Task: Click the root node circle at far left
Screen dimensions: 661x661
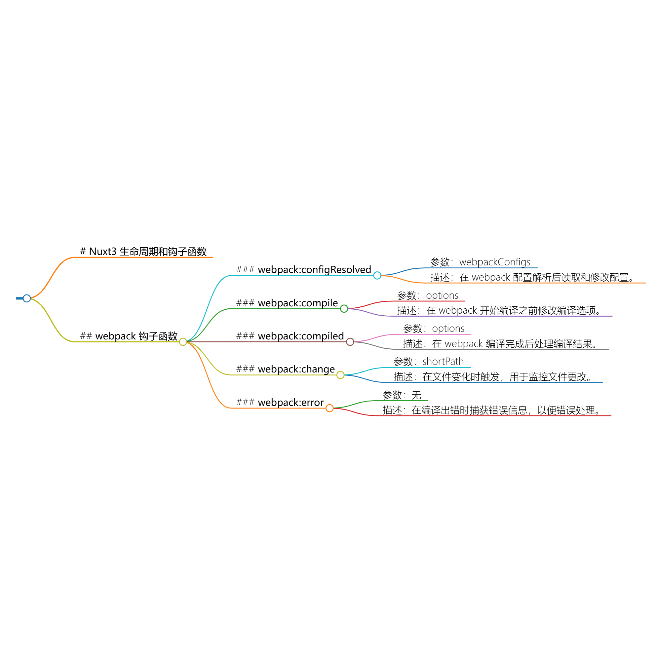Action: [27, 298]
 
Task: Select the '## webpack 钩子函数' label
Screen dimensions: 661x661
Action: [129, 336]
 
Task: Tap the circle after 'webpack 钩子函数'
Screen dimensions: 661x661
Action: [183, 342]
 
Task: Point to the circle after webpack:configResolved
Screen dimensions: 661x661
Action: [377, 275]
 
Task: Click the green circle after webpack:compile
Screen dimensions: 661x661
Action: [344, 309]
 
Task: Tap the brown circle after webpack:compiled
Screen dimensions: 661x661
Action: [350, 342]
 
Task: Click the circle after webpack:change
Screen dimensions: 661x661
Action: [340, 375]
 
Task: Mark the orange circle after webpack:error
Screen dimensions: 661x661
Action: [330, 408]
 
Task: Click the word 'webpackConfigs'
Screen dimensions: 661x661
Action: [495, 262]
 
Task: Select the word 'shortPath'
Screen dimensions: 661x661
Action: [443, 362]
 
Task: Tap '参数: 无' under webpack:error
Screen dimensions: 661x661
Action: [402, 395]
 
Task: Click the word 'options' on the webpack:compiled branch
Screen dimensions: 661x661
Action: [448, 329]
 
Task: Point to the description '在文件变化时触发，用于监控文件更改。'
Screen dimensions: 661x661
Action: [508, 377]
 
